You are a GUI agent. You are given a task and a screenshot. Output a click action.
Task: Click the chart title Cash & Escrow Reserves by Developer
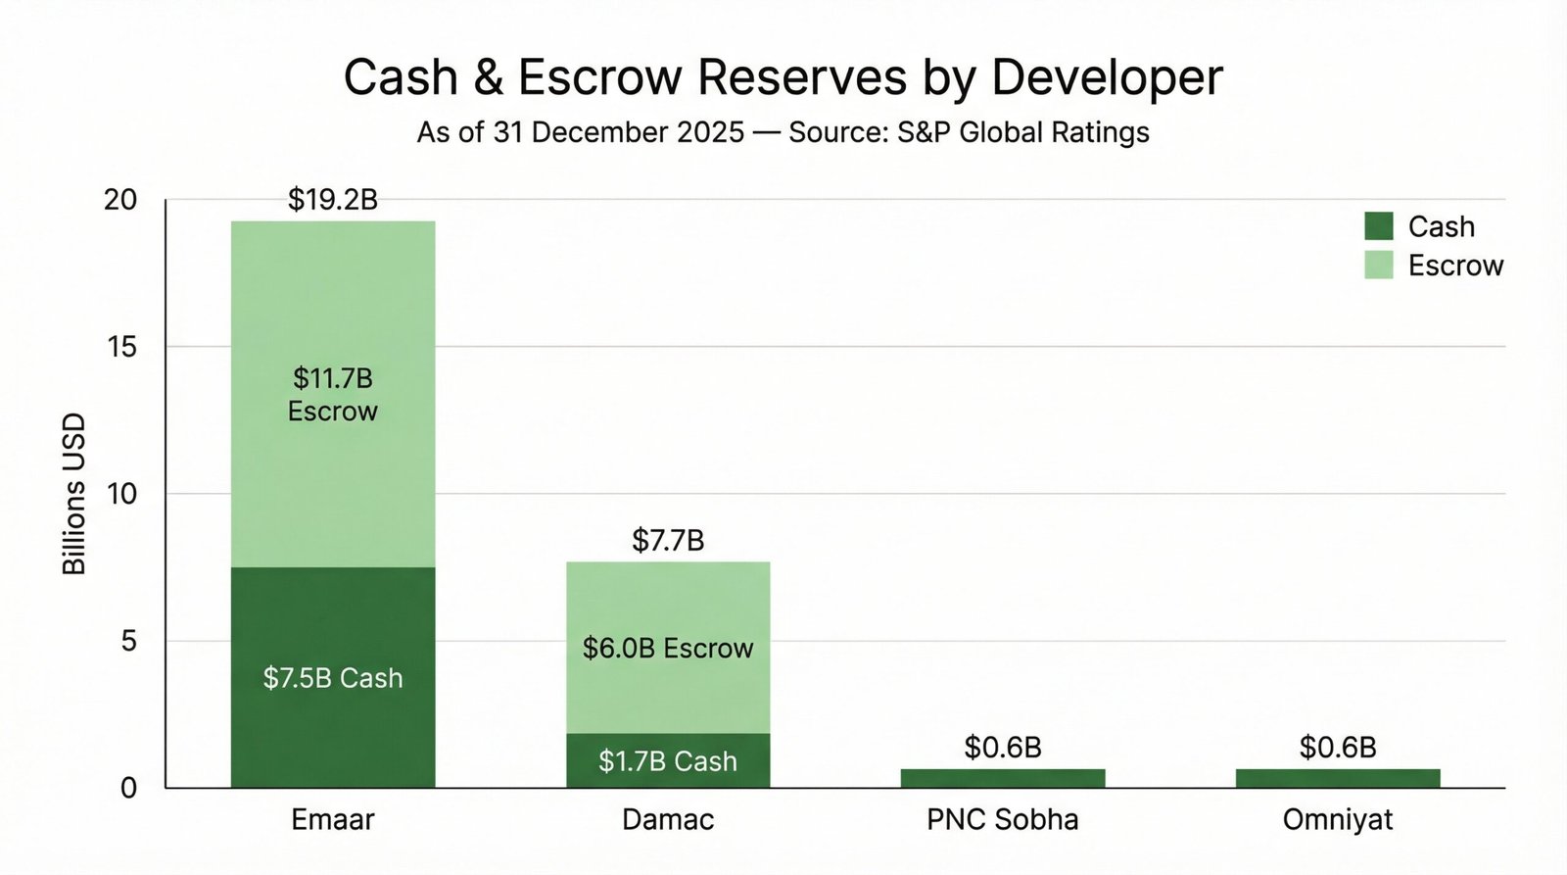(x=783, y=77)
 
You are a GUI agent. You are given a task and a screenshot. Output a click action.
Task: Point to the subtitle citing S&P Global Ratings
(x=783, y=132)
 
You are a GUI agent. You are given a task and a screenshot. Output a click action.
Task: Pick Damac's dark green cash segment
(x=668, y=760)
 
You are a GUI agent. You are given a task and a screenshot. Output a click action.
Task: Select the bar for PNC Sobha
(x=1003, y=778)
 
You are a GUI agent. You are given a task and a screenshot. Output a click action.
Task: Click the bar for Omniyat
(x=1338, y=778)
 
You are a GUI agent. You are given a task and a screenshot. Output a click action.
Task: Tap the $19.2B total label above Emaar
(x=333, y=200)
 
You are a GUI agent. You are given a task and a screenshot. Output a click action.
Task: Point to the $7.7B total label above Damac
(x=668, y=540)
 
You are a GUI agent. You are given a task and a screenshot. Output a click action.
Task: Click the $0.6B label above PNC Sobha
(x=1003, y=748)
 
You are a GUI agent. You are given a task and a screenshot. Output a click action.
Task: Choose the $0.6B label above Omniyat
(x=1338, y=748)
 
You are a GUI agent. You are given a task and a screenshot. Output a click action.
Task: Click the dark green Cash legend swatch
(x=1378, y=226)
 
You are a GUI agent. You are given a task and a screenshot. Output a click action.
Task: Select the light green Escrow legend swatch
(x=1378, y=265)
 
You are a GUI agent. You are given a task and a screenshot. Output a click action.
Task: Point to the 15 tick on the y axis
(x=122, y=347)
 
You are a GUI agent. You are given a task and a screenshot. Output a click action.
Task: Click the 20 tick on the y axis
(x=120, y=200)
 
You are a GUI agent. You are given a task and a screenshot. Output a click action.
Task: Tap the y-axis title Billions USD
(x=74, y=494)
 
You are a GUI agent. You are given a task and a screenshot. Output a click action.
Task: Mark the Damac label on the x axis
(x=668, y=819)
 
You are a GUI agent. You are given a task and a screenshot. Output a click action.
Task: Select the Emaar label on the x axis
(x=333, y=819)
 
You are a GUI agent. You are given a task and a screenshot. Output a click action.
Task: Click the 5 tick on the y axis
(x=128, y=641)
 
